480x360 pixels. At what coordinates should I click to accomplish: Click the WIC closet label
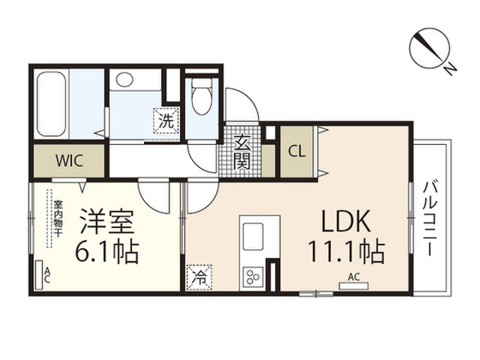(x=69, y=160)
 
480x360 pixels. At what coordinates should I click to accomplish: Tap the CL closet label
(x=297, y=151)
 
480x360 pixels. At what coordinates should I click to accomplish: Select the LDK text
(x=346, y=221)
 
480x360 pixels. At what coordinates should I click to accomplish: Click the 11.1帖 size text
(x=346, y=252)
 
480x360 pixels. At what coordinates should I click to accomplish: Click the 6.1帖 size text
(x=106, y=253)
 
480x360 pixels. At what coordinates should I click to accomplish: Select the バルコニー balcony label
(x=430, y=218)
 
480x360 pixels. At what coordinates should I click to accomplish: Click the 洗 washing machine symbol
(x=166, y=121)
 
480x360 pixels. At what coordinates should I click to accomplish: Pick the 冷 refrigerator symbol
(x=199, y=277)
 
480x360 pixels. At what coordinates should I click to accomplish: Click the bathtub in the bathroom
(x=52, y=103)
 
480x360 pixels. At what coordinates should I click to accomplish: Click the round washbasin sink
(x=124, y=79)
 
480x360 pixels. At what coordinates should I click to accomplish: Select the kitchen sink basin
(x=253, y=236)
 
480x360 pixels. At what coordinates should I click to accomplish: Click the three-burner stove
(x=253, y=277)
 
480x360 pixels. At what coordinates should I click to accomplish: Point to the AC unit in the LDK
(x=354, y=286)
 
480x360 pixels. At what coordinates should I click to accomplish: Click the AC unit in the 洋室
(x=39, y=275)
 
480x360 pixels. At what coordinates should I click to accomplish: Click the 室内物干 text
(x=58, y=218)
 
